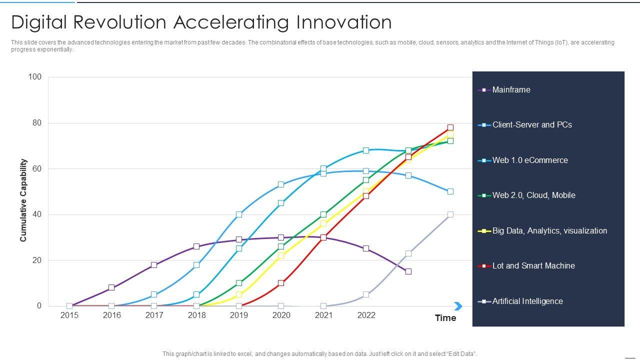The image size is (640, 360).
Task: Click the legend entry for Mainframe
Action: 511,90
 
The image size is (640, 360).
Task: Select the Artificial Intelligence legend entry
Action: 527,301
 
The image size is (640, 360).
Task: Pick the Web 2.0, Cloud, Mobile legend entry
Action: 533,195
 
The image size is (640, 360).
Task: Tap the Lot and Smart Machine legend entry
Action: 533,266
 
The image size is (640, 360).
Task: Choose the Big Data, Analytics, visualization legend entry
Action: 549,231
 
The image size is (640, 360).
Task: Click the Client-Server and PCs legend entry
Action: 531,125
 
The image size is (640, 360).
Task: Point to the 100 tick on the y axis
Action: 35,77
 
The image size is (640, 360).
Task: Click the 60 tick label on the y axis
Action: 36,169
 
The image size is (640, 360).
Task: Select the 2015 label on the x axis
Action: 69,315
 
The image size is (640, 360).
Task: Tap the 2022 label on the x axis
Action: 366,315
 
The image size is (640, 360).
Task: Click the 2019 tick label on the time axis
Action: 239,315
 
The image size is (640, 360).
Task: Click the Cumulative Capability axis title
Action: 23,200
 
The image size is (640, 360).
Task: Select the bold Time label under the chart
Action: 445,318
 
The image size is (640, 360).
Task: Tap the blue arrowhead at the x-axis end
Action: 458,306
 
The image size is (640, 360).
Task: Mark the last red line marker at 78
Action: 450,127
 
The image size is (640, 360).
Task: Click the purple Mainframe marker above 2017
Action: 154,265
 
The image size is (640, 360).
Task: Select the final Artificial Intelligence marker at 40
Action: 450,214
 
